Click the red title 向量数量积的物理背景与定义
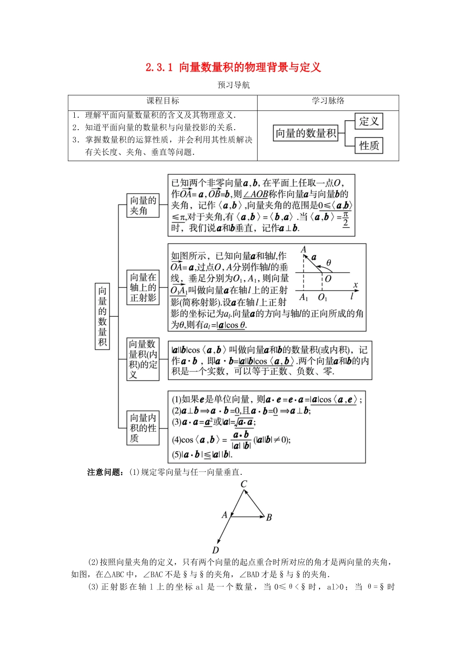233,67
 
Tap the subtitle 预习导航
233,85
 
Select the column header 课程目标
163,101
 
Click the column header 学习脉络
328,101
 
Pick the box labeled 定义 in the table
369,121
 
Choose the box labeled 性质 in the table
369,145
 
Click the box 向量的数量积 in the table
306,133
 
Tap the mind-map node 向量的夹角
143,205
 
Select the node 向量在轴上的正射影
143,287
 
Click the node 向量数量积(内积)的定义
143,359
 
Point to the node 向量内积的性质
143,428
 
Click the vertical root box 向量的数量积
102,316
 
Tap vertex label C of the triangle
244,484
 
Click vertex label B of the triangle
269,517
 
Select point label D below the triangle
215,550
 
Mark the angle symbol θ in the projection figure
329,263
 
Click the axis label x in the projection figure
355,285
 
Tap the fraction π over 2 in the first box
346,219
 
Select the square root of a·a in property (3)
244,422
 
